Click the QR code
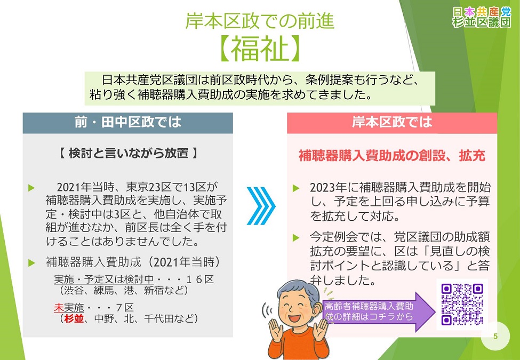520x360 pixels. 462,304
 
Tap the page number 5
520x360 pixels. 495,336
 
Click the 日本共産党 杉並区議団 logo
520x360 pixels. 481,17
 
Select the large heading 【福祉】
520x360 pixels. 260,49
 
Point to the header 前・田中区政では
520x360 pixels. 127,122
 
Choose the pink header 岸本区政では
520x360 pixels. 391,122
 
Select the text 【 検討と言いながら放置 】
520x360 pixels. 127,153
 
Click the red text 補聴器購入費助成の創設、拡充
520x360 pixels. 391,156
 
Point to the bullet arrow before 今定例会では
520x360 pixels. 297,236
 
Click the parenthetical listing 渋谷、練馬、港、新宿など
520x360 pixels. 124,291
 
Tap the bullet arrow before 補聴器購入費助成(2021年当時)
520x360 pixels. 31,262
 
